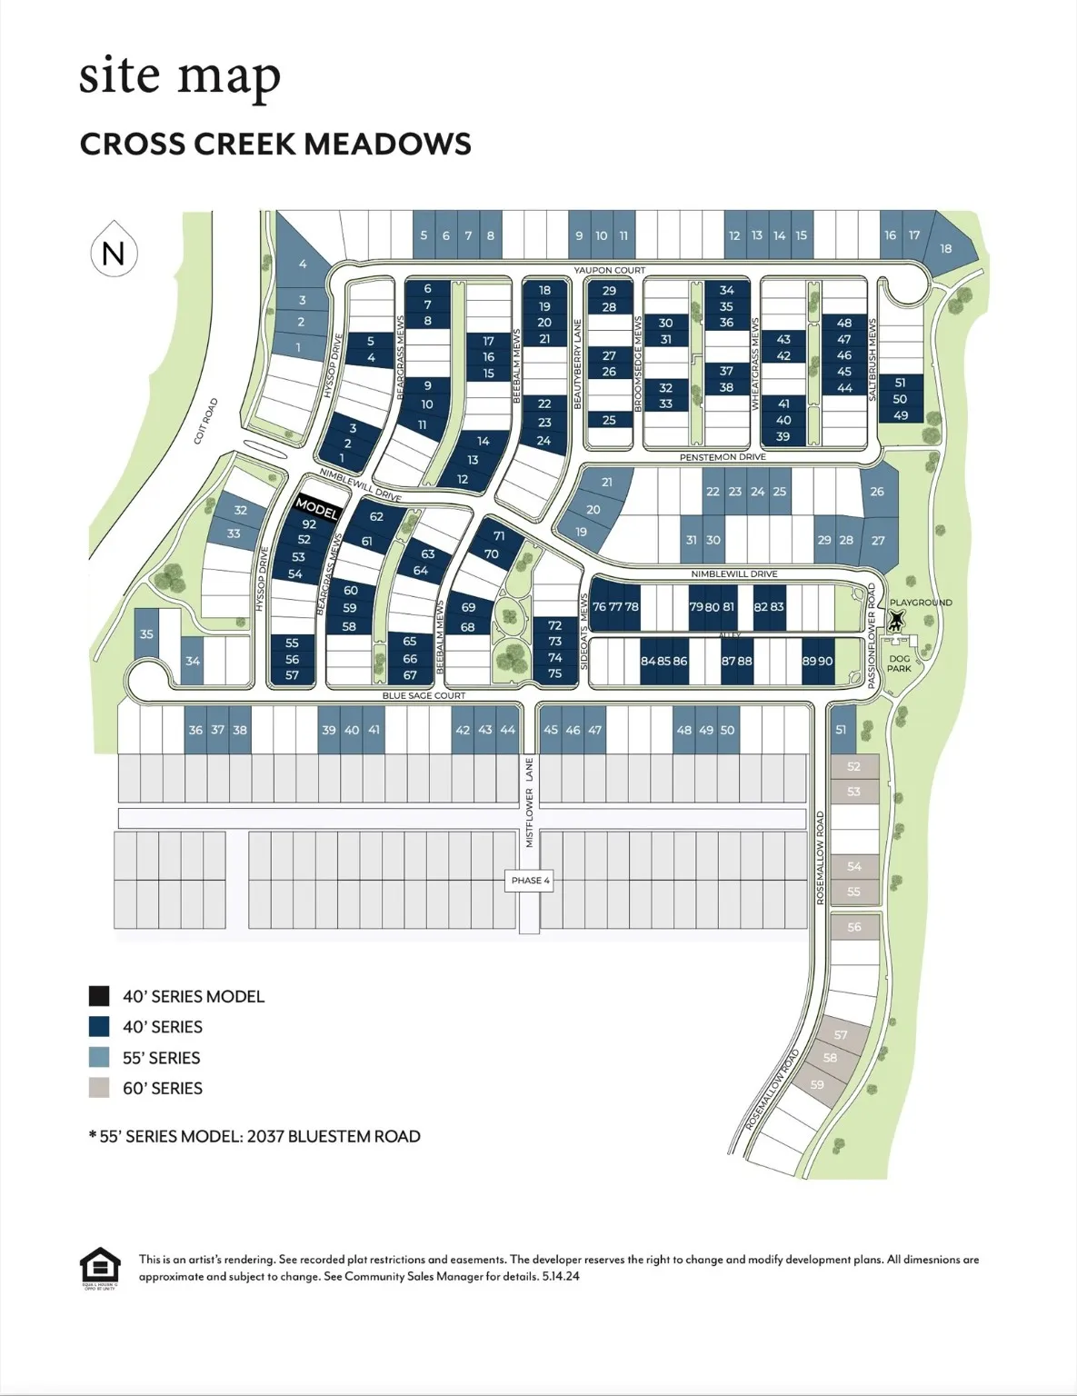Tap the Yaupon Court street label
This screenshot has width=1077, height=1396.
609,270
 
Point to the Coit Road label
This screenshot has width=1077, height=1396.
206,421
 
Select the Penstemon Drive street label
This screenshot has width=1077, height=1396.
723,457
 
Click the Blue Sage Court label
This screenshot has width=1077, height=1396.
424,695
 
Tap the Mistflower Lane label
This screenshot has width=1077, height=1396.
530,803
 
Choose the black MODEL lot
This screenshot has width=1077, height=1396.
316,507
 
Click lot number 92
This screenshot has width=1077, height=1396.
309,523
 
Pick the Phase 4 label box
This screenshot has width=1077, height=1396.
531,880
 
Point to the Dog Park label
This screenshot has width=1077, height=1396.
899,663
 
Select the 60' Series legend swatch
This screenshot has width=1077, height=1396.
99,1088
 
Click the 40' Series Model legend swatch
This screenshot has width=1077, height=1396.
99,996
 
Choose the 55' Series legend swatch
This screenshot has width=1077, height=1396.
99,1057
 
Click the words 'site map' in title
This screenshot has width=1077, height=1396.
180,76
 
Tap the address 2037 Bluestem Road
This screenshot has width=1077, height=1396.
334,1136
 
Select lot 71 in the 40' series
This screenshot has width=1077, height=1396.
499,536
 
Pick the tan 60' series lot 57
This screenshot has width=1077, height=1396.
841,1035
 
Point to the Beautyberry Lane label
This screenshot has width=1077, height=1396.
577,363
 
